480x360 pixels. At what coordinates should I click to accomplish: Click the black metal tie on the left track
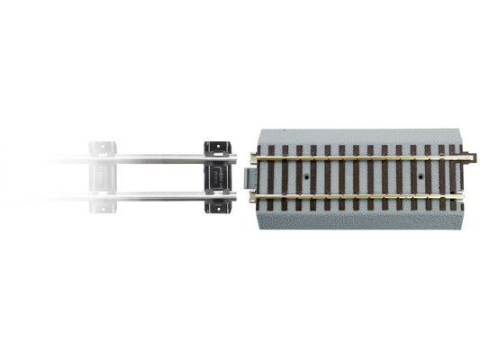218,175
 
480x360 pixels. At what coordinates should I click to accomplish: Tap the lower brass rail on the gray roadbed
360,194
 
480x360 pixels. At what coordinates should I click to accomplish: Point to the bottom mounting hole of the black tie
219,208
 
